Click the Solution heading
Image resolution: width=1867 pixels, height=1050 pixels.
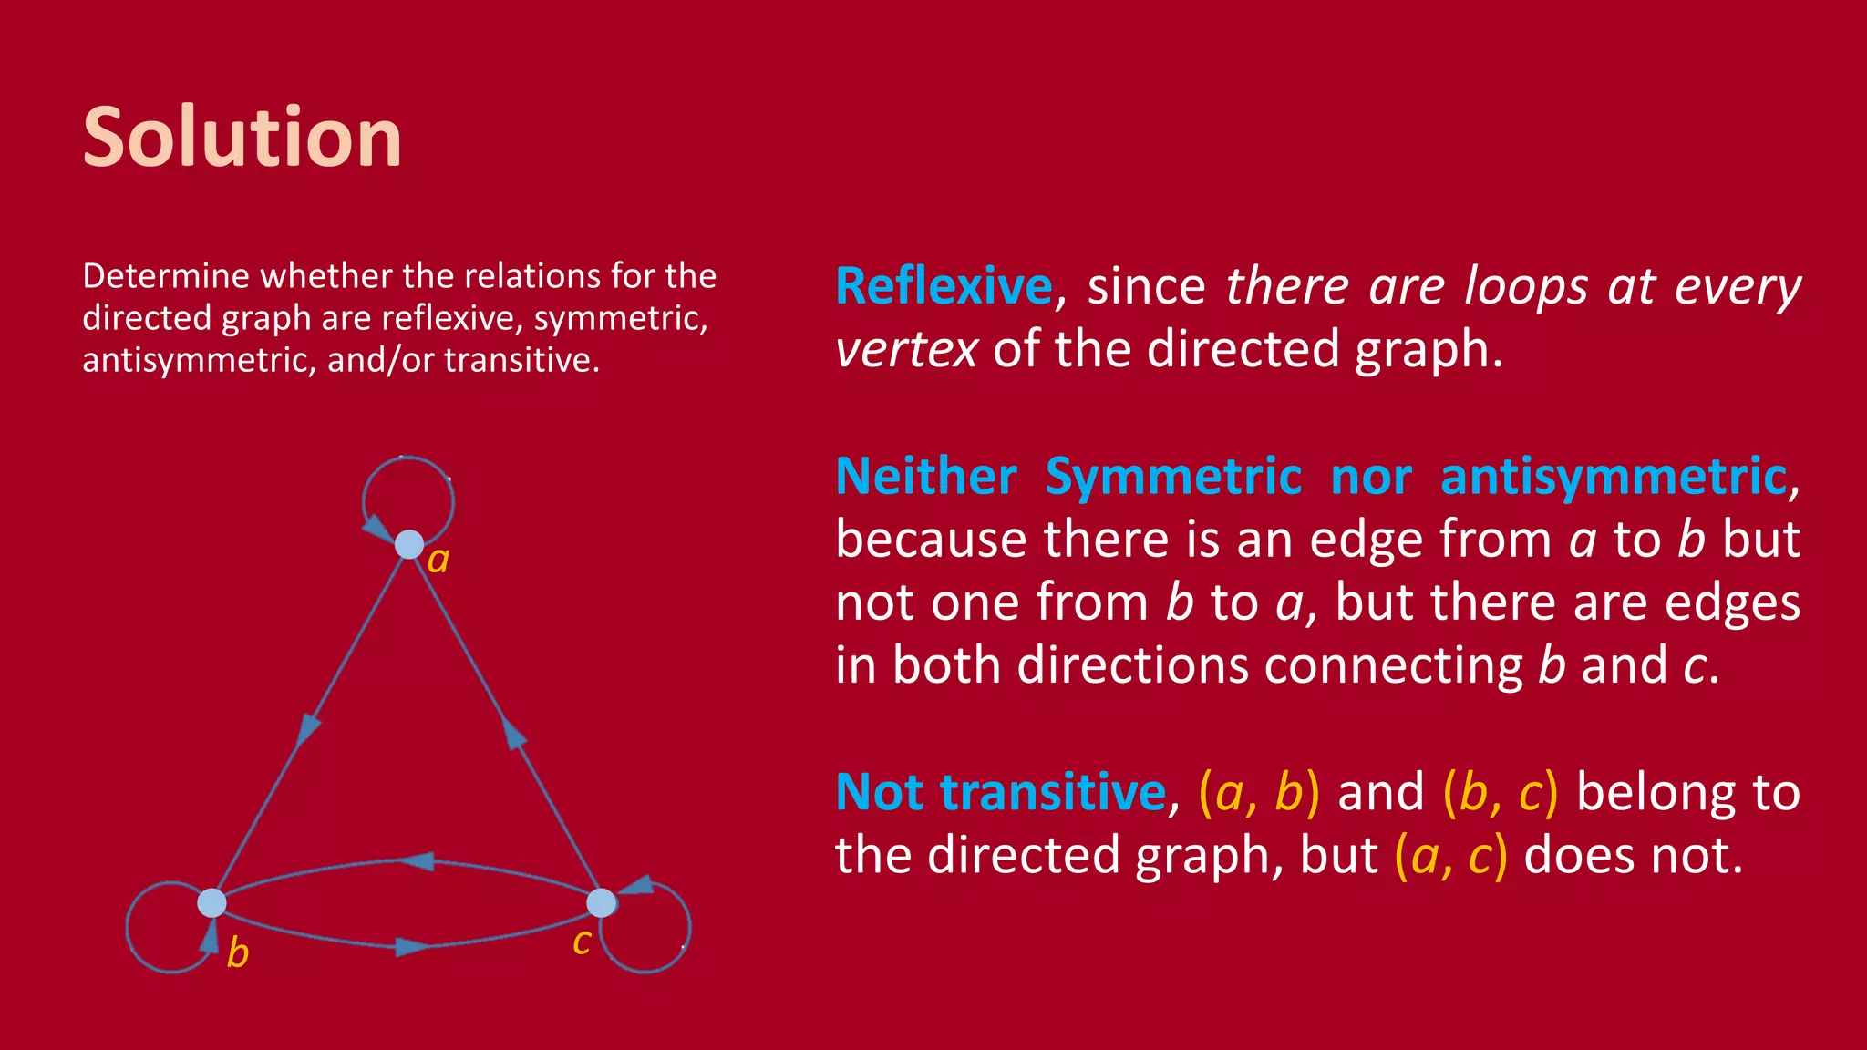(242, 138)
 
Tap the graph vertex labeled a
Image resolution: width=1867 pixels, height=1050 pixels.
(409, 545)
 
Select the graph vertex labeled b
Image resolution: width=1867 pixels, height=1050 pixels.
(211, 903)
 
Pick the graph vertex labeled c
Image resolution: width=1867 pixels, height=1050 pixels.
(601, 903)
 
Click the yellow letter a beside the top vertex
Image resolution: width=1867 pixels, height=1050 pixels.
(438, 560)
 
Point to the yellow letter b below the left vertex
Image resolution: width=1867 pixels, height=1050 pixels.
(237, 953)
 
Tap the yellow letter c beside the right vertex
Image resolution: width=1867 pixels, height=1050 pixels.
(582, 942)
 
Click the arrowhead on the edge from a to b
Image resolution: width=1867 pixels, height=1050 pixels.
(309, 728)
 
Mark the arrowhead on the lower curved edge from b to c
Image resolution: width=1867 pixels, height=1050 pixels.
(412, 948)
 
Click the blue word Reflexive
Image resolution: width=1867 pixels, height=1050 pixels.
(944, 286)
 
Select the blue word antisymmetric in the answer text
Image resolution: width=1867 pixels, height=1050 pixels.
(1614, 477)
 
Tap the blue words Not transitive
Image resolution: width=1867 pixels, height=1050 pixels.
(1000, 791)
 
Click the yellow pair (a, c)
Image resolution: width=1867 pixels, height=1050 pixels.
(1450, 855)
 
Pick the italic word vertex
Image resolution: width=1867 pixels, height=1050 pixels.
(906, 349)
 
